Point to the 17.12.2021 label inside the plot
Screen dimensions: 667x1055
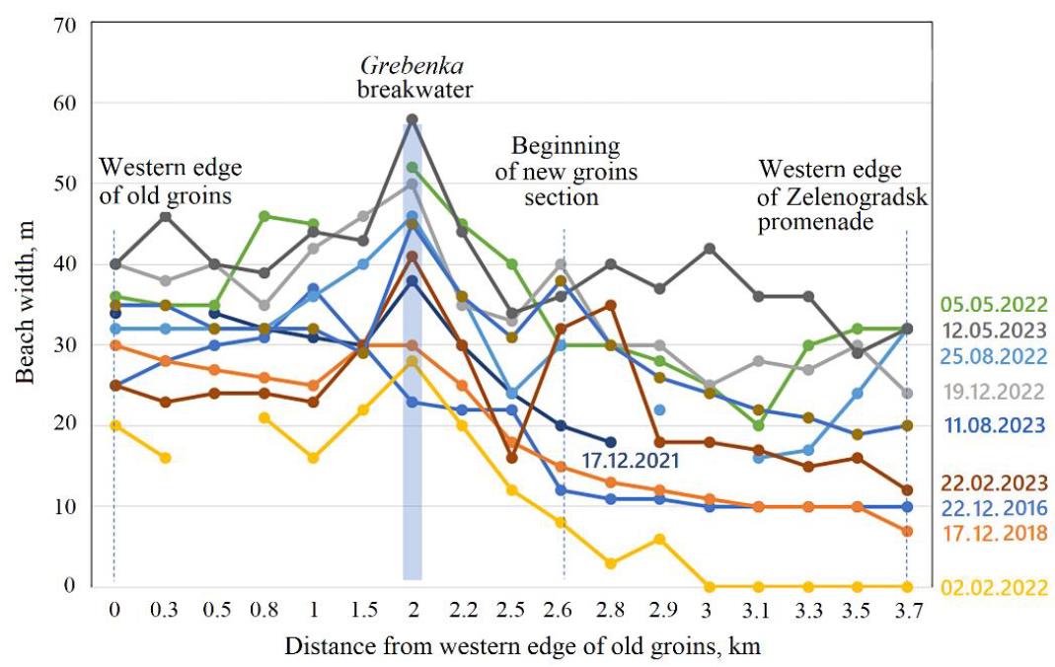click(x=632, y=459)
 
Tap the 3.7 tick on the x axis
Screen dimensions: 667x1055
click(x=907, y=612)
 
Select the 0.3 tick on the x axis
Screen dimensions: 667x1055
click(x=166, y=612)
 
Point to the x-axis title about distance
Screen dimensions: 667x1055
click(x=522, y=647)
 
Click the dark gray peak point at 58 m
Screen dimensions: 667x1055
click(x=413, y=120)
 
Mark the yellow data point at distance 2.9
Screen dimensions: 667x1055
click(x=659, y=539)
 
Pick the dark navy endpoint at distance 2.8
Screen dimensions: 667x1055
click(x=610, y=442)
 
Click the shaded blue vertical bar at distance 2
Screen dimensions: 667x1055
click(x=413, y=395)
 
